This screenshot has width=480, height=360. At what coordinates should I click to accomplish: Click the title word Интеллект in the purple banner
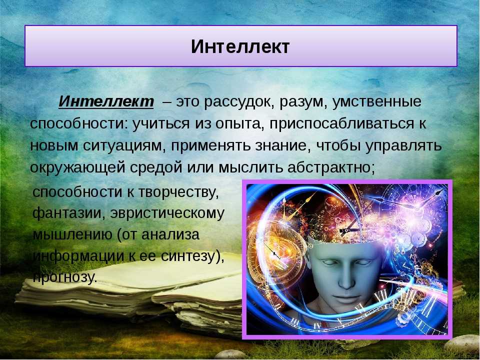[x=240, y=46]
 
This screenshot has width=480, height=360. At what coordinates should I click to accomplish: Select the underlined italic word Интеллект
[x=106, y=101]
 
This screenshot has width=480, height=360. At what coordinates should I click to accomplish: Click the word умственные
[x=376, y=102]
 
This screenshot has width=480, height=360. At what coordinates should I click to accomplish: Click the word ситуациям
[x=122, y=146]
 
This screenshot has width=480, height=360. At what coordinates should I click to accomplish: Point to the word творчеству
[x=179, y=192]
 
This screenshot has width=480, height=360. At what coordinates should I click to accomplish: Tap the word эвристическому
[x=167, y=213]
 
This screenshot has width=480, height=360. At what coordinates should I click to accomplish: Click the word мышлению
[x=72, y=235]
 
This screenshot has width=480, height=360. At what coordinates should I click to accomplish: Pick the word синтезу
[x=192, y=256]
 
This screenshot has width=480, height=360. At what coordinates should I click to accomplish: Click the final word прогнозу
[x=65, y=278]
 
